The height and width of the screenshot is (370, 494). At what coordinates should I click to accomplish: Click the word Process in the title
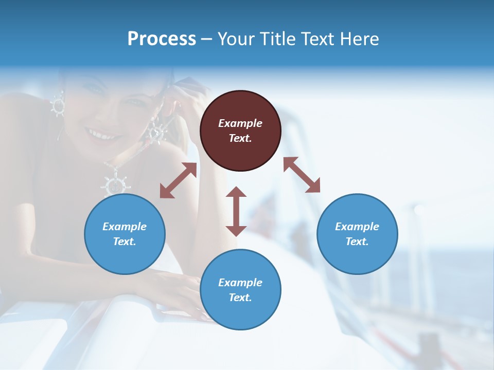click(x=162, y=39)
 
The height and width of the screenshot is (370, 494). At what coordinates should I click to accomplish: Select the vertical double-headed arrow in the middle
click(x=236, y=211)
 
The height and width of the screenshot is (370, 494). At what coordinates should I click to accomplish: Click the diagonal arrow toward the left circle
click(x=178, y=180)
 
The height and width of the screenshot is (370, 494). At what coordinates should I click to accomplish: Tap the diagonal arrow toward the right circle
click(x=302, y=175)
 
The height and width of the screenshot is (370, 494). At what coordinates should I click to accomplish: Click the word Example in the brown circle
click(x=240, y=123)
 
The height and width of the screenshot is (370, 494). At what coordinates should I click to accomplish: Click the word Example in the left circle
click(x=125, y=227)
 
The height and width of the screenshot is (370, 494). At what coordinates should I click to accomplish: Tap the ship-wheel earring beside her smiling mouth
click(x=155, y=132)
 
